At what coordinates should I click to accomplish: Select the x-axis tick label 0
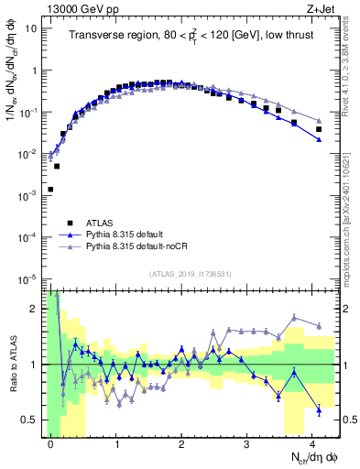50,443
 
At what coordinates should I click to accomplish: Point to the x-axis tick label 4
312,443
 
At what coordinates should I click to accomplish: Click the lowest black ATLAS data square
50,190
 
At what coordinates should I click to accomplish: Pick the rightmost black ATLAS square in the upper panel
319,129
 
